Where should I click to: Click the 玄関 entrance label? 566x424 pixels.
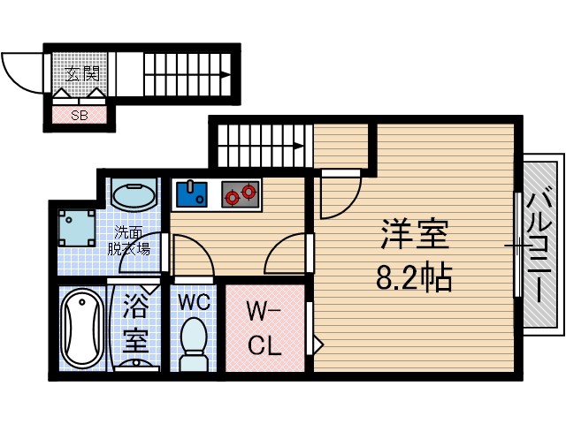click(80, 75)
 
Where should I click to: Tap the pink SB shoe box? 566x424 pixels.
click(80, 114)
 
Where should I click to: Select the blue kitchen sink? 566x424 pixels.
click(192, 193)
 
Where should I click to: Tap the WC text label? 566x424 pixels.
click(194, 302)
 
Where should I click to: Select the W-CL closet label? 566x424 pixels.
click(264, 328)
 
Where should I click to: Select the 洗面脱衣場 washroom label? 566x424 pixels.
click(131, 241)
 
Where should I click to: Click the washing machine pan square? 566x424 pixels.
click(77, 228)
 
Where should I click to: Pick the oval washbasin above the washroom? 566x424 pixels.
click(134, 194)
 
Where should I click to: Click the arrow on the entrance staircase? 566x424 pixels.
click(226, 76)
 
